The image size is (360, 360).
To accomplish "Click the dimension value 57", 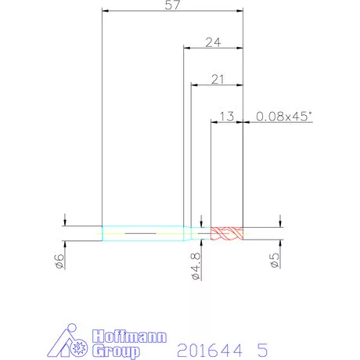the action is [172, 5].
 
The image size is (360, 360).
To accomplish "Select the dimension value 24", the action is [213, 42].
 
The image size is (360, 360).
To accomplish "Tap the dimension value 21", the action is [218, 79].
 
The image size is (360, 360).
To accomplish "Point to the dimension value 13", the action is [227, 117].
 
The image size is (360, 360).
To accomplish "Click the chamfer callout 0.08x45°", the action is [284, 117].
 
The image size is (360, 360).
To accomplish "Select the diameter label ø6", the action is [59, 261].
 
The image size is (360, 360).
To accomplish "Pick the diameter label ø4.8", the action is [196, 266].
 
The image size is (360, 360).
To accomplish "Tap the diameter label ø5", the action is [275, 261].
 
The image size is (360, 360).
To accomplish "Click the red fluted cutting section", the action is [227, 233].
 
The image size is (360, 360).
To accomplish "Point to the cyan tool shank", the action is [146, 233].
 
